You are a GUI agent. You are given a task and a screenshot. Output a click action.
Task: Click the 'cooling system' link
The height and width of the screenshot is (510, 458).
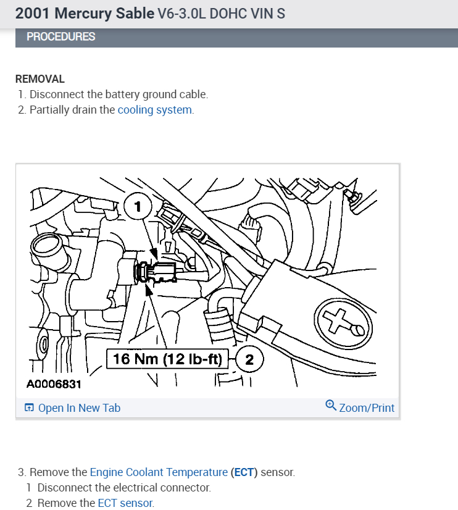(155, 111)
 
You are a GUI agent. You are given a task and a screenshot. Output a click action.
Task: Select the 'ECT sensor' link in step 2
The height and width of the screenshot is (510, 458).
(125, 503)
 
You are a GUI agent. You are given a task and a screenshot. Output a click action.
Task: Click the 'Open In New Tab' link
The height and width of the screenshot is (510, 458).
(79, 408)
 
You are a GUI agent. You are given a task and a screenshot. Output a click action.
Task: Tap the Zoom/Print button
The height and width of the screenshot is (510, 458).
(366, 408)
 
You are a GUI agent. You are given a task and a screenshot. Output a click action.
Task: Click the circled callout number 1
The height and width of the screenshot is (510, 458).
(138, 206)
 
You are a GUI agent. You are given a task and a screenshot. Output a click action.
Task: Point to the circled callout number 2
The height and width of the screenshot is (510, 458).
(249, 359)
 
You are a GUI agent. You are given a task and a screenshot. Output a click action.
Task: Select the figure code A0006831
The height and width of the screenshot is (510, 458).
(54, 385)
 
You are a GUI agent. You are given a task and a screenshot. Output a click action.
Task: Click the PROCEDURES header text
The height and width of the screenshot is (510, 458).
(61, 37)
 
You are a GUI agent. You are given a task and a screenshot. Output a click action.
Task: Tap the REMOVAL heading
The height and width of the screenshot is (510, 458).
(40, 79)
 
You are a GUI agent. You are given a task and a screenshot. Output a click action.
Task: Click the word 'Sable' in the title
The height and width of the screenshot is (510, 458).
(134, 13)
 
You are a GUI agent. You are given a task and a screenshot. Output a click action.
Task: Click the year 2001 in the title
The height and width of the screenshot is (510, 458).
(33, 13)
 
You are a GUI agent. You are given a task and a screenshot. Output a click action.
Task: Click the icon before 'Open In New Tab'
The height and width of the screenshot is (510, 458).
(29, 408)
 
